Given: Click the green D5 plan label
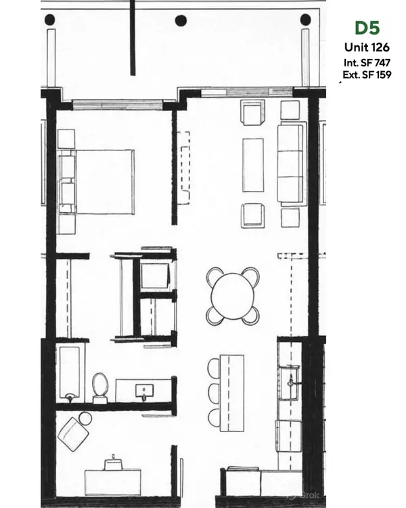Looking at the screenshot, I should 367,28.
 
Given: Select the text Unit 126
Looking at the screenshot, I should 367,47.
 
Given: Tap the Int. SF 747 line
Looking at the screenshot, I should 367,62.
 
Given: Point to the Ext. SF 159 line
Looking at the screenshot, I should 367,75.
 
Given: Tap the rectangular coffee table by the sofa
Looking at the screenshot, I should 253,165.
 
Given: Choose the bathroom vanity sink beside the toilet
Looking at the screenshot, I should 144,391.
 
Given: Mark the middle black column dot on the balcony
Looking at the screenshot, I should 181,20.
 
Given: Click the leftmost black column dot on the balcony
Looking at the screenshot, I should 50,20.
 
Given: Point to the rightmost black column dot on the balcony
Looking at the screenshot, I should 305,19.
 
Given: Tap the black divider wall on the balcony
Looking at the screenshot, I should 133,37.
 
